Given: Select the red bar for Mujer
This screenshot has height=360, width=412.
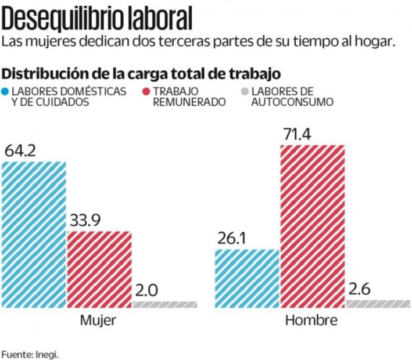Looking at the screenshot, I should [99, 269].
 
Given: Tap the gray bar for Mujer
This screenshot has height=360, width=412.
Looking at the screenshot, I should [165, 304].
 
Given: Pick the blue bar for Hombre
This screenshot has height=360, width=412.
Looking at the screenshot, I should [248, 278].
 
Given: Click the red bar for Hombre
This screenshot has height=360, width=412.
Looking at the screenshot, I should [313, 225].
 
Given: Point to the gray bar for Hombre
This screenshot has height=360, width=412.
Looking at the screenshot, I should [378, 303].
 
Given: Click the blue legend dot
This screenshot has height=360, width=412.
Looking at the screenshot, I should [5, 92].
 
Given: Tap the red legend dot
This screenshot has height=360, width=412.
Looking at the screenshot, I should [146, 92].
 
